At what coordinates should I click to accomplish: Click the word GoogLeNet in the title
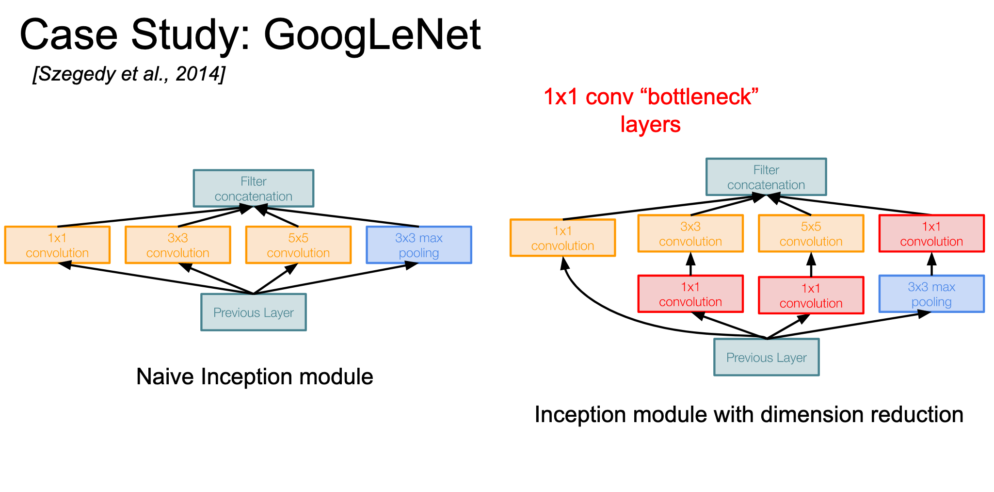pos(372,35)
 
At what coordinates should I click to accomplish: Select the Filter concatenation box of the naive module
pos(254,188)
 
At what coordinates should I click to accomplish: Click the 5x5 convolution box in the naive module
pos(298,245)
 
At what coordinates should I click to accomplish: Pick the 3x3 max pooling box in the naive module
pos(419,245)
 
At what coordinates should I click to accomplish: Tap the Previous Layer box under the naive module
pos(254,312)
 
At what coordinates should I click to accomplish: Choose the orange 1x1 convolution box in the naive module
pos(57,245)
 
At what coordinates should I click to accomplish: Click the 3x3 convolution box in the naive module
pos(178,245)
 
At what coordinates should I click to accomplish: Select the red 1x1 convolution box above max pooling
pos(931,233)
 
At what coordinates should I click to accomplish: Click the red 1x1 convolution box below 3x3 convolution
pos(690,294)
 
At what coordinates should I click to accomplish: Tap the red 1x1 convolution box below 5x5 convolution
pos(811,295)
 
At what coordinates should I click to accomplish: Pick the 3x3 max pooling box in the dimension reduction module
pos(931,294)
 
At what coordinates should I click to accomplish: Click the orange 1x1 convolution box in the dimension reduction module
pos(563,238)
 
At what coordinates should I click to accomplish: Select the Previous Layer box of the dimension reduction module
pos(767,357)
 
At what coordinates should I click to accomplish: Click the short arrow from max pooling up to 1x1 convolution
pos(931,264)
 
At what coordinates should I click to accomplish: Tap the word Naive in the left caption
pos(165,377)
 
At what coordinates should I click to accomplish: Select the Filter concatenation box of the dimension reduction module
pos(766,177)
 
